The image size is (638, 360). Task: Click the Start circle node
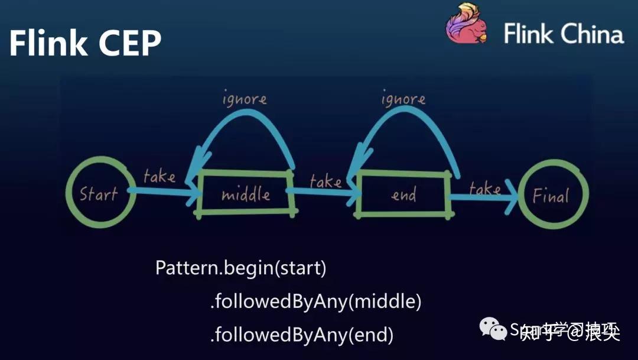pos(99,193)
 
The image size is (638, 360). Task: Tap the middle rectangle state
pos(246,193)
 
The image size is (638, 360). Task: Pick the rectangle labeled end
pos(403,194)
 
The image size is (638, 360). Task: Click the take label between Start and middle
pos(159,176)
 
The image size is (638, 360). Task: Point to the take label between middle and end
pos(325,180)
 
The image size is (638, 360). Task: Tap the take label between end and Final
pos(485,188)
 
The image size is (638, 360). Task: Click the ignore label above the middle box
pos(245,99)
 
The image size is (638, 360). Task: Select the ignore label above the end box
pos(403,99)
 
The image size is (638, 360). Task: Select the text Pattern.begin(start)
pos(240,268)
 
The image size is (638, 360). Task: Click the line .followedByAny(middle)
pos(315,302)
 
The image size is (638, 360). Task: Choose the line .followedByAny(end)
pos(301,335)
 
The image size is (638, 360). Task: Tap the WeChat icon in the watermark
pos(493,329)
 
